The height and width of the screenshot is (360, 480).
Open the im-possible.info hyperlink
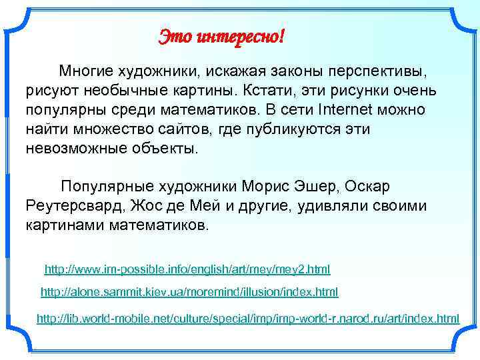(187, 270)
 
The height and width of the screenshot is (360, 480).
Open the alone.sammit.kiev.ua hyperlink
(189, 292)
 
